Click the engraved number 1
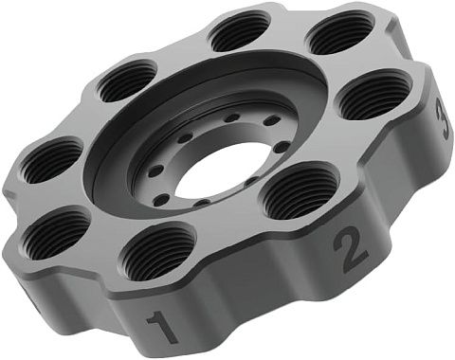tap(164, 328)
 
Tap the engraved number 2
tap(351, 248)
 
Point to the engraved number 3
tap(443, 118)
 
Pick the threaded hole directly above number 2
tap(299, 190)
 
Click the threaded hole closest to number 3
tap(375, 94)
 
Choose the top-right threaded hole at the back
tap(340, 32)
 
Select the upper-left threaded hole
tap(127, 81)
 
